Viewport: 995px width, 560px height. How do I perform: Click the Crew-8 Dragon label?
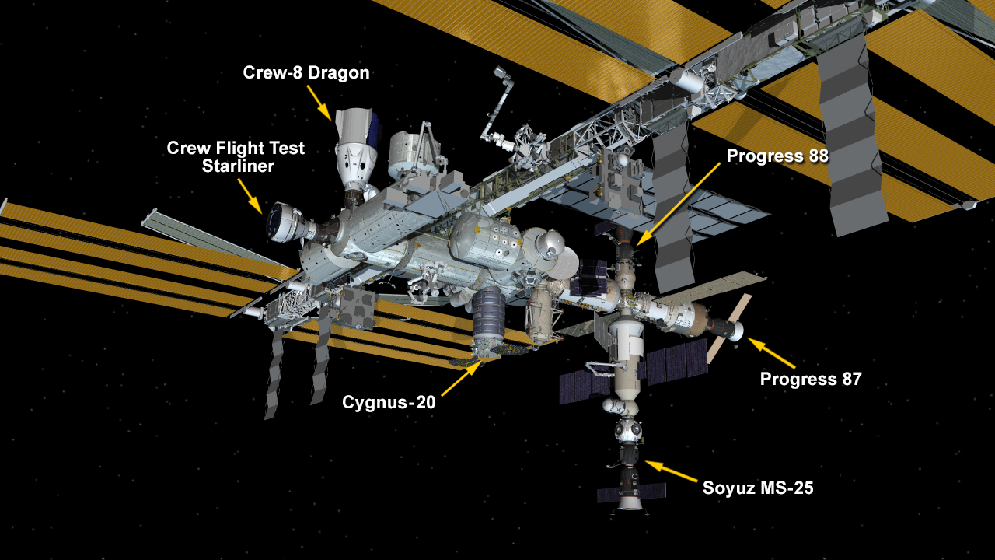(306, 72)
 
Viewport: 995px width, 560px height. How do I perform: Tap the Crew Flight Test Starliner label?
(236, 157)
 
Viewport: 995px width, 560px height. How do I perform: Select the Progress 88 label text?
(777, 156)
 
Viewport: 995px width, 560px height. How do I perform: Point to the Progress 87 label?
(811, 379)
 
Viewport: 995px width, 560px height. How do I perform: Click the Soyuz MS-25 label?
(758, 488)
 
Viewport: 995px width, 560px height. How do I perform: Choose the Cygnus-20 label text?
(389, 403)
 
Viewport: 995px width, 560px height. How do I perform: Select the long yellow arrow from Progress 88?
(678, 205)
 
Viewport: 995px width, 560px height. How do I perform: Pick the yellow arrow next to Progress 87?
(771, 353)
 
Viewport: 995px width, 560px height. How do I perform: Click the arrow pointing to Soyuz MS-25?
(671, 471)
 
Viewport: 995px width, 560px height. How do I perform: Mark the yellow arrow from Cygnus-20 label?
(462, 378)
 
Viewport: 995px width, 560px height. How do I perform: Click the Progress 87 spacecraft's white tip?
(736, 331)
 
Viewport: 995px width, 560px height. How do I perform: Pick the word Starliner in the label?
(238, 166)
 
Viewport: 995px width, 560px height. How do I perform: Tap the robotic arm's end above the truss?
(500, 72)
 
